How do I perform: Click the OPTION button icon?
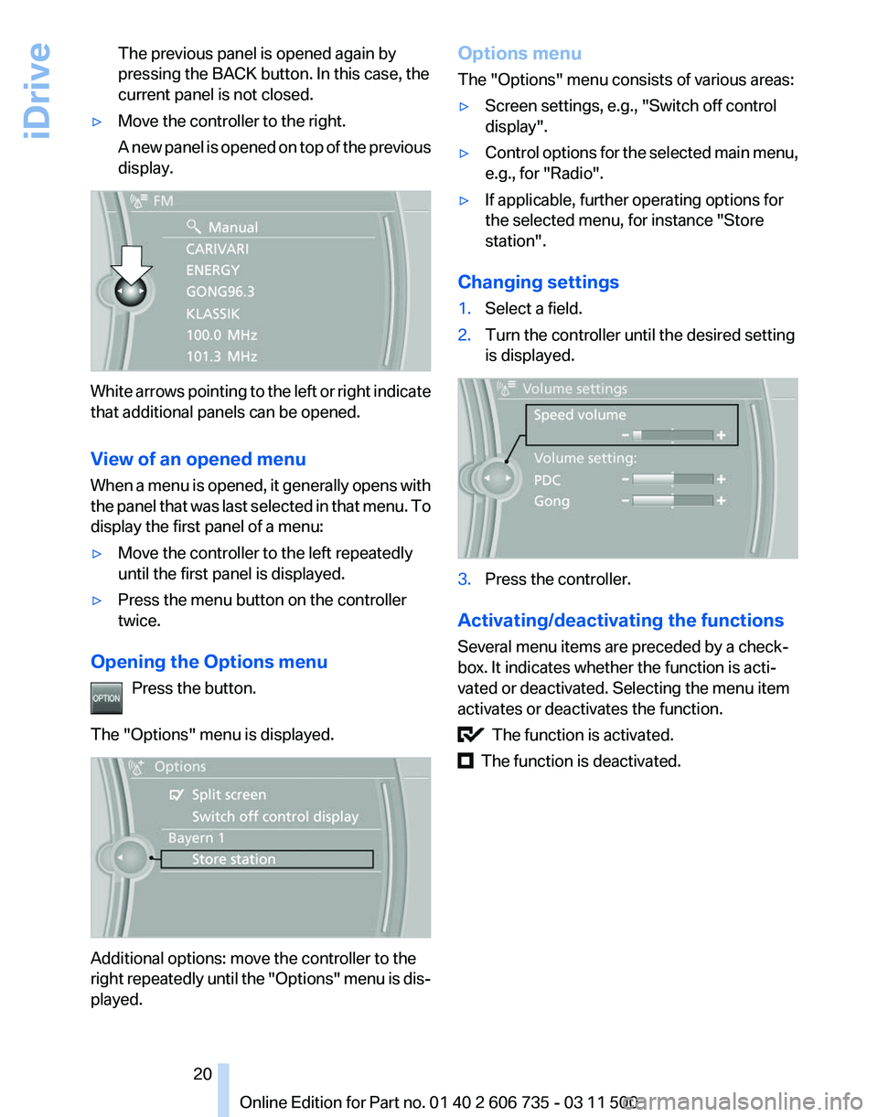coord(106,697)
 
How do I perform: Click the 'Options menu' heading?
coord(519,53)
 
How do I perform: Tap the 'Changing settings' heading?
coord(538,282)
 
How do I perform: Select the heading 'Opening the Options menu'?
coord(209,661)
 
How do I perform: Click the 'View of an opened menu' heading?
coord(198,459)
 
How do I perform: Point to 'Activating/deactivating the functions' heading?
coord(620,621)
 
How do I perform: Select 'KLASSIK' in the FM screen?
coord(212,313)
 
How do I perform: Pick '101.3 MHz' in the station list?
coord(221,356)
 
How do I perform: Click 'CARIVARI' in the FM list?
coord(218,248)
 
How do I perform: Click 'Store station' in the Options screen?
coord(233,859)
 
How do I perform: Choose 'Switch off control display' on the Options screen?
coord(274,816)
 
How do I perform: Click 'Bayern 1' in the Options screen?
coord(196,837)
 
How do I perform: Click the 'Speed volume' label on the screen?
coord(580,415)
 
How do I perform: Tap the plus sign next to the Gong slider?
coord(722,501)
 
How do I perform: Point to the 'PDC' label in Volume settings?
coord(547,479)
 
